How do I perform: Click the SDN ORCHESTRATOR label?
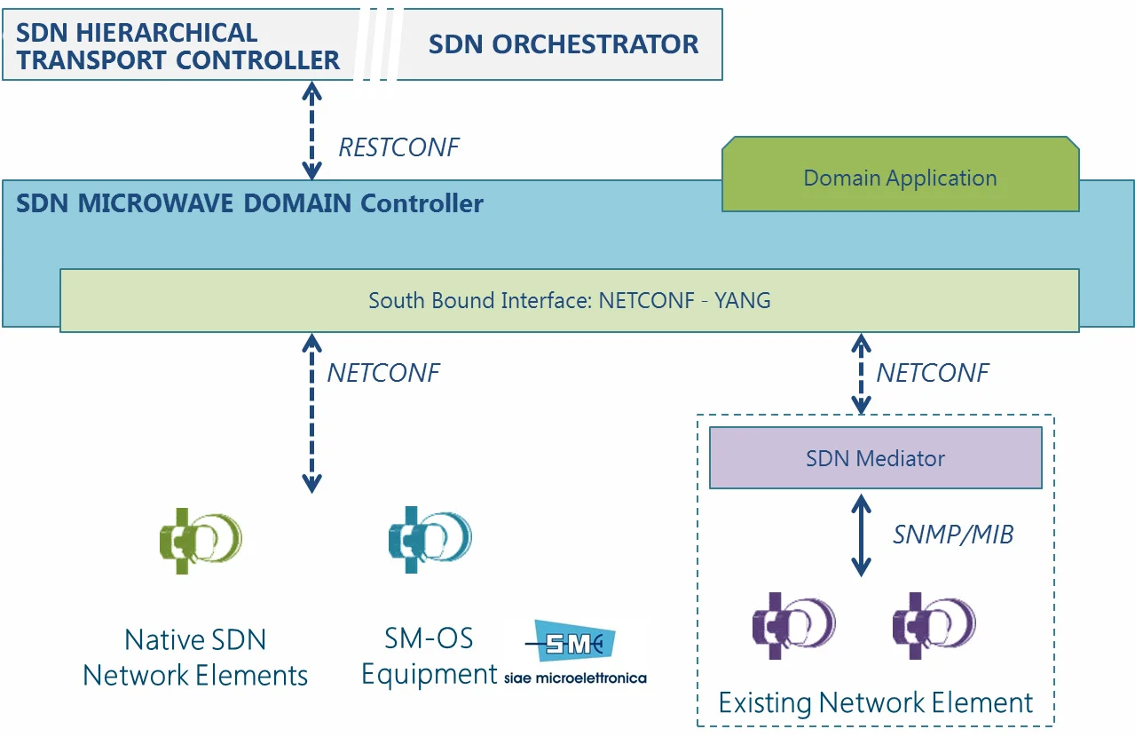[563, 44]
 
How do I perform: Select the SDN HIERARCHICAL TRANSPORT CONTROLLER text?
[177, 46]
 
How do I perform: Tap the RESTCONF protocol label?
[398, 147]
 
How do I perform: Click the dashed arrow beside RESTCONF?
[311, 130]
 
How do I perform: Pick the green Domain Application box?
[900, 178]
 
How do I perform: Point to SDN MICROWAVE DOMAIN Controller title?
[249, 203]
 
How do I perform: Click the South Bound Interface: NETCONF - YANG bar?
[569, 300]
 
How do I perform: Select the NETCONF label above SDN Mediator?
[932, 373]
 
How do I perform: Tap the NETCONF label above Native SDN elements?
[382, 373]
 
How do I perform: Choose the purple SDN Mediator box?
[875, 458]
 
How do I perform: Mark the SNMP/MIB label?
[952, 534]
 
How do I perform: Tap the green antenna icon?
[200, 540]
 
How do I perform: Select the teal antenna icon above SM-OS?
[429, 538]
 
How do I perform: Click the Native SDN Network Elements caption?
[195, 657]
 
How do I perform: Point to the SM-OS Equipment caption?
[429, 656]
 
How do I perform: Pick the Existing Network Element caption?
[875, 703]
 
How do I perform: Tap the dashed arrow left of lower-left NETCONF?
[311, 412]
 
